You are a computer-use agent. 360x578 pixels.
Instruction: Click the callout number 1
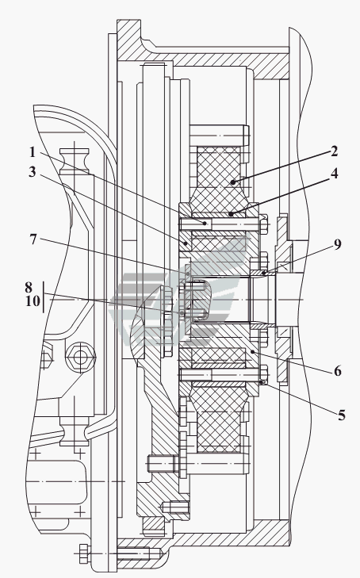point(33,152)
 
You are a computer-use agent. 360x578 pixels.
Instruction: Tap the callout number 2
point(334,151)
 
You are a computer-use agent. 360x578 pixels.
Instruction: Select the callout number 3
point(33,171)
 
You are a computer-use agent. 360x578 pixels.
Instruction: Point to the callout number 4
point(334,174)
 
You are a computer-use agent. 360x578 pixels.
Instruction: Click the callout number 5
point(342,415)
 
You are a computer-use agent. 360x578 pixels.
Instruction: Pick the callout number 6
point(338,371)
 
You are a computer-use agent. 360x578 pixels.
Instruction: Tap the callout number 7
point(33,239)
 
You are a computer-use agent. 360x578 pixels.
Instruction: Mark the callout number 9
point(338,244)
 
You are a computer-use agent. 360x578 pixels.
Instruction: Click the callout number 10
point(33,301)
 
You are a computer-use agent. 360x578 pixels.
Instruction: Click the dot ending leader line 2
point(232,182)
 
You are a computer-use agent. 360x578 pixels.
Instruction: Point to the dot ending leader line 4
point(231,213)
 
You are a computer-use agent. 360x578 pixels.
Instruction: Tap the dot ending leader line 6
point(252,352)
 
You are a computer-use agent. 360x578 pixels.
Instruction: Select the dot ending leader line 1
point(204,223)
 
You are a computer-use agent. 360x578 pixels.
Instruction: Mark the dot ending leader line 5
point(262,383)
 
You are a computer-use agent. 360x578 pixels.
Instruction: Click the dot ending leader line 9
point(264,274)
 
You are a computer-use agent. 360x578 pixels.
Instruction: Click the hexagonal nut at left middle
point(80,357)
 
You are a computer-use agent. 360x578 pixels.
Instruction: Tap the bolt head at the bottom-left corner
point(83,553)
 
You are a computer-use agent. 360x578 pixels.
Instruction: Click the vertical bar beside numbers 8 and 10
point(43,297)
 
